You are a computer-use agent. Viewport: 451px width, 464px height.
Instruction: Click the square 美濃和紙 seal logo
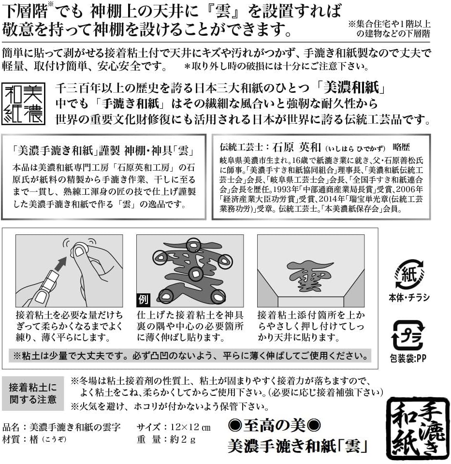click(23, 103)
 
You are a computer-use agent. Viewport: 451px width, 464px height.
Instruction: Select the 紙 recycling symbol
click(409, 275)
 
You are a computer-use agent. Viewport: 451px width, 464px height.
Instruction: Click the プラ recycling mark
click(408, 335)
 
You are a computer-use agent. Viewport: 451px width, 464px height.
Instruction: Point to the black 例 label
click(143, 300)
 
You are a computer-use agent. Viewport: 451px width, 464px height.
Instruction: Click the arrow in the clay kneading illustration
click(61, 264)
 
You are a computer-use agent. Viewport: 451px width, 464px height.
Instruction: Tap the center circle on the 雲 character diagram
click(195, 274)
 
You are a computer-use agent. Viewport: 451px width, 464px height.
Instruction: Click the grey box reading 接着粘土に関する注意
click(33, 393)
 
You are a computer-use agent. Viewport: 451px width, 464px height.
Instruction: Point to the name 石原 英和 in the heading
click(296, 147)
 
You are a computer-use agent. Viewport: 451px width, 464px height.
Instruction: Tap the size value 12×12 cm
click(190, 427)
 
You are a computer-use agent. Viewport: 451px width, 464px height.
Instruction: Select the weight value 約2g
click(183, 440)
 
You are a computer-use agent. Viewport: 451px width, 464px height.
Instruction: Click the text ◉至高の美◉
click(275, 426)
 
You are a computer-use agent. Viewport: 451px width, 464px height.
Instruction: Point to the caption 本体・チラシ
click(409, 297)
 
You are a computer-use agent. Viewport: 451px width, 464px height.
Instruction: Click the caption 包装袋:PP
click(408, 358)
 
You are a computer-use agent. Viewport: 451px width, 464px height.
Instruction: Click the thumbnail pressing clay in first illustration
click(79, 251)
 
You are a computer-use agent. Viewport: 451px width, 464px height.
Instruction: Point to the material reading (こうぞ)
click(54, 440)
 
